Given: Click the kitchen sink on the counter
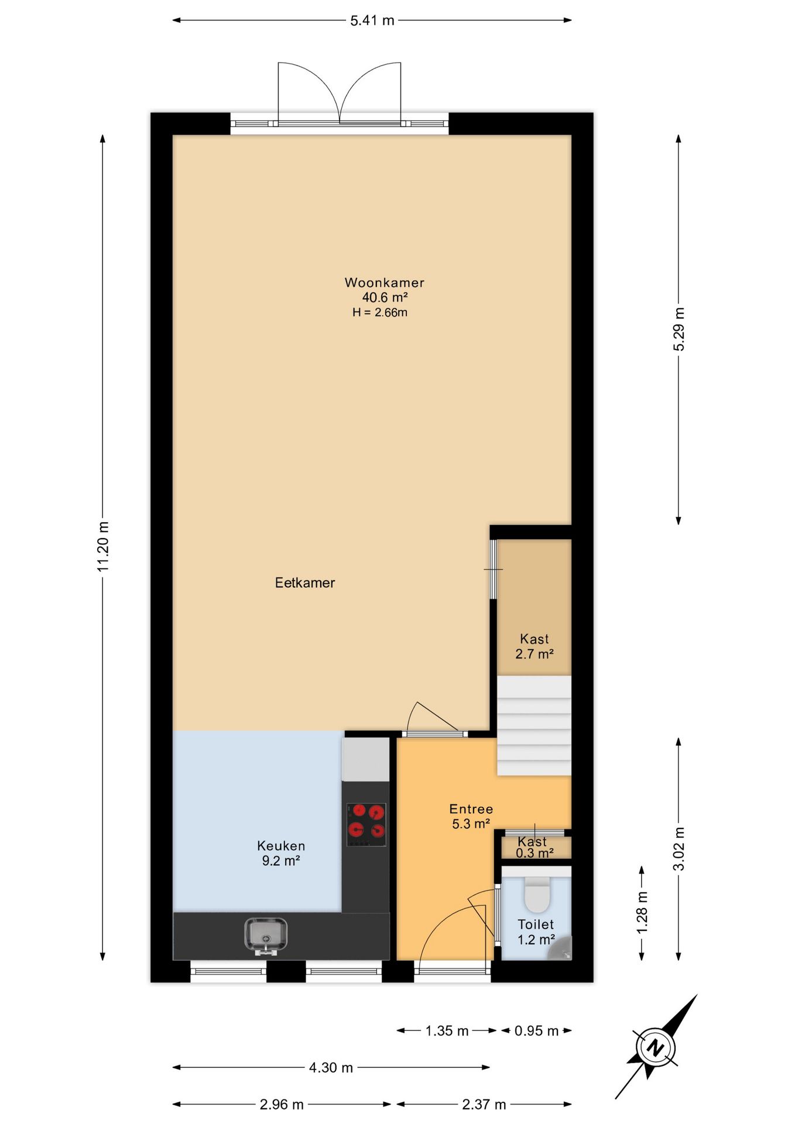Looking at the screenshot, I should [x=266, y=934].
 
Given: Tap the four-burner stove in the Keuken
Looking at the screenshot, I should [x=366, y=824].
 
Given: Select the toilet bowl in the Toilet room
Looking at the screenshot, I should [x=537, y=895].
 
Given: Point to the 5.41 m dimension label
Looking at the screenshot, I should [x=372, y=20].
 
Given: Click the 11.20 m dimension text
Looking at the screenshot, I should [x=103, y=546].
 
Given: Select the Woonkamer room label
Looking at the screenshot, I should [x=384, y=283].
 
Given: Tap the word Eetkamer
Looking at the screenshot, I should [x=305, y=582].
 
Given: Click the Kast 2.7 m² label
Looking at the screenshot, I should [x=534, y=646].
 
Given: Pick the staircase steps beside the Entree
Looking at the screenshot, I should [x=534, y=726].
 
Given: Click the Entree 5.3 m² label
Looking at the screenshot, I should [x=471, y=816].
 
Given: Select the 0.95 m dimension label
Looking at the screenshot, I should [x=536, y=1031].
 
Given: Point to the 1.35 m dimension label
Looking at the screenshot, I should [x=447, y=1031].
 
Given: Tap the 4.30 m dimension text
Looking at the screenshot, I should [x=331, y=1068].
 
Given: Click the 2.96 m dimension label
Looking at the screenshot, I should [x=282, y=1105].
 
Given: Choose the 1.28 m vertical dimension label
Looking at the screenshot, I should [x=642, y=913].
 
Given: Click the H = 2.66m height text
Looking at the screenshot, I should [x=379, y=313].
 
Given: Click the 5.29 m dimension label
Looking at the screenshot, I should [x=679, y=329].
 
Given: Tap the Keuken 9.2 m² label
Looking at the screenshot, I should [x=281, y=853].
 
